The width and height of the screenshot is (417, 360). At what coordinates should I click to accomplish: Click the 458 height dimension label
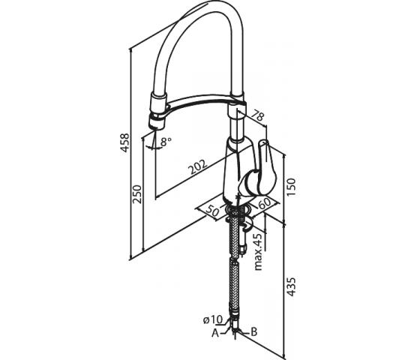click(x=124, y=142)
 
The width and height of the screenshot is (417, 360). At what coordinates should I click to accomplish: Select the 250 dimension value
click(x=137, y=194)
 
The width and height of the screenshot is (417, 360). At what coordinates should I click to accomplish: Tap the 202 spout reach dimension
click(x=197, y=166)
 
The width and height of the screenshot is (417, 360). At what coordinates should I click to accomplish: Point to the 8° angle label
click(x=166, y=142)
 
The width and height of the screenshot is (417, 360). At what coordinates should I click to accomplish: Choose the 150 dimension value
click(x=291, y=187)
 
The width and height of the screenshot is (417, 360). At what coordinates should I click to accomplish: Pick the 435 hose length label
click(x=291, y=287)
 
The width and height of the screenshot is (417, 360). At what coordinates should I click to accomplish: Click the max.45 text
click(x=259, y=251)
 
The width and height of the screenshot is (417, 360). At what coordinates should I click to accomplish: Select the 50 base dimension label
click(x=212, y=210)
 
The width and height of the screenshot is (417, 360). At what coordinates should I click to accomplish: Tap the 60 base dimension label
click(x=264, y=204)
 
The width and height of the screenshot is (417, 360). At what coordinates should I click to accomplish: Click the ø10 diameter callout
click(x=213, y=319)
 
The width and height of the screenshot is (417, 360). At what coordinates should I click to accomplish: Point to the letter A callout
click(x=215, y=333)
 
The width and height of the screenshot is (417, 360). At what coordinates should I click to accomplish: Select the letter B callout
click(x=254, y=331)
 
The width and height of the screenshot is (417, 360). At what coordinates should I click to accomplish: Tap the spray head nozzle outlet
click(x=156, y=127)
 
